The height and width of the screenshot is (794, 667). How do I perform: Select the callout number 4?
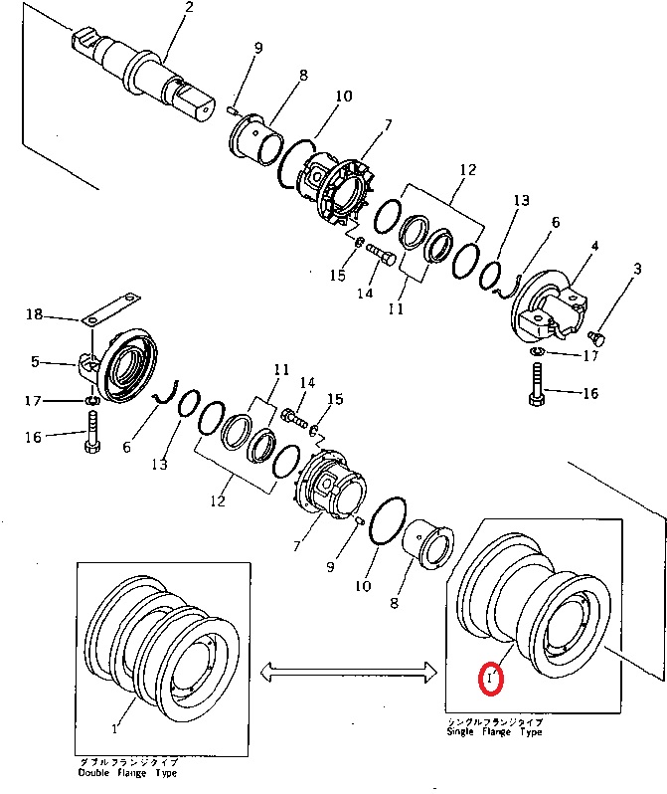point(594,246)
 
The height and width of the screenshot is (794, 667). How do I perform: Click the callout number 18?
point(34,314)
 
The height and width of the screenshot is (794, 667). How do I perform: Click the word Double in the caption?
point(95,772)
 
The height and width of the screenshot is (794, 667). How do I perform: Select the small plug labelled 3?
point(596,335)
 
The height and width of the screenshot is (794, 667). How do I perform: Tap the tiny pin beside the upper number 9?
point(231,109)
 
